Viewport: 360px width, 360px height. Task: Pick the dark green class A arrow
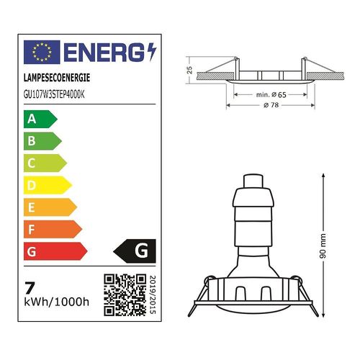pos(40,119)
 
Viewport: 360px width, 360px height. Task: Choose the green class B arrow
pos(43,141)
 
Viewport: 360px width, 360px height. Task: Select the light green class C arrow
pos(45,163)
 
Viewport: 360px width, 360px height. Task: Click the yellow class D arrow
pos(48,185)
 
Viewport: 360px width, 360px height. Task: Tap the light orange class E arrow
pos(50,207)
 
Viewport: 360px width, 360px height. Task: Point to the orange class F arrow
pos(53,230)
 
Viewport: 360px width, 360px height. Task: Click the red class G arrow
pos(55,252)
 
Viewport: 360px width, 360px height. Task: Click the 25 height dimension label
pos(189,70)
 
